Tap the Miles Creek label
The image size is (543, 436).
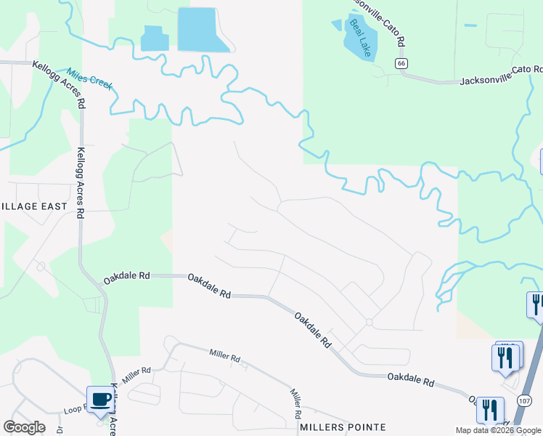90,78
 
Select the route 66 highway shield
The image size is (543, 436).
401,64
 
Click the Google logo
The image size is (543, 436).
24,427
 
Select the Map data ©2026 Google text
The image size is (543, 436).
498,430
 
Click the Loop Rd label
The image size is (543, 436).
75,410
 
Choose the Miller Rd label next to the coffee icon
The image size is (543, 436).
136,376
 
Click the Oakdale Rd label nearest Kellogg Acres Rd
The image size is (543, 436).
126,276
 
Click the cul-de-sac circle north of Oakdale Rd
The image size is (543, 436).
369,322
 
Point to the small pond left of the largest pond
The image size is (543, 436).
153,39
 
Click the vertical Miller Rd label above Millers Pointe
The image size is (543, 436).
296,403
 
